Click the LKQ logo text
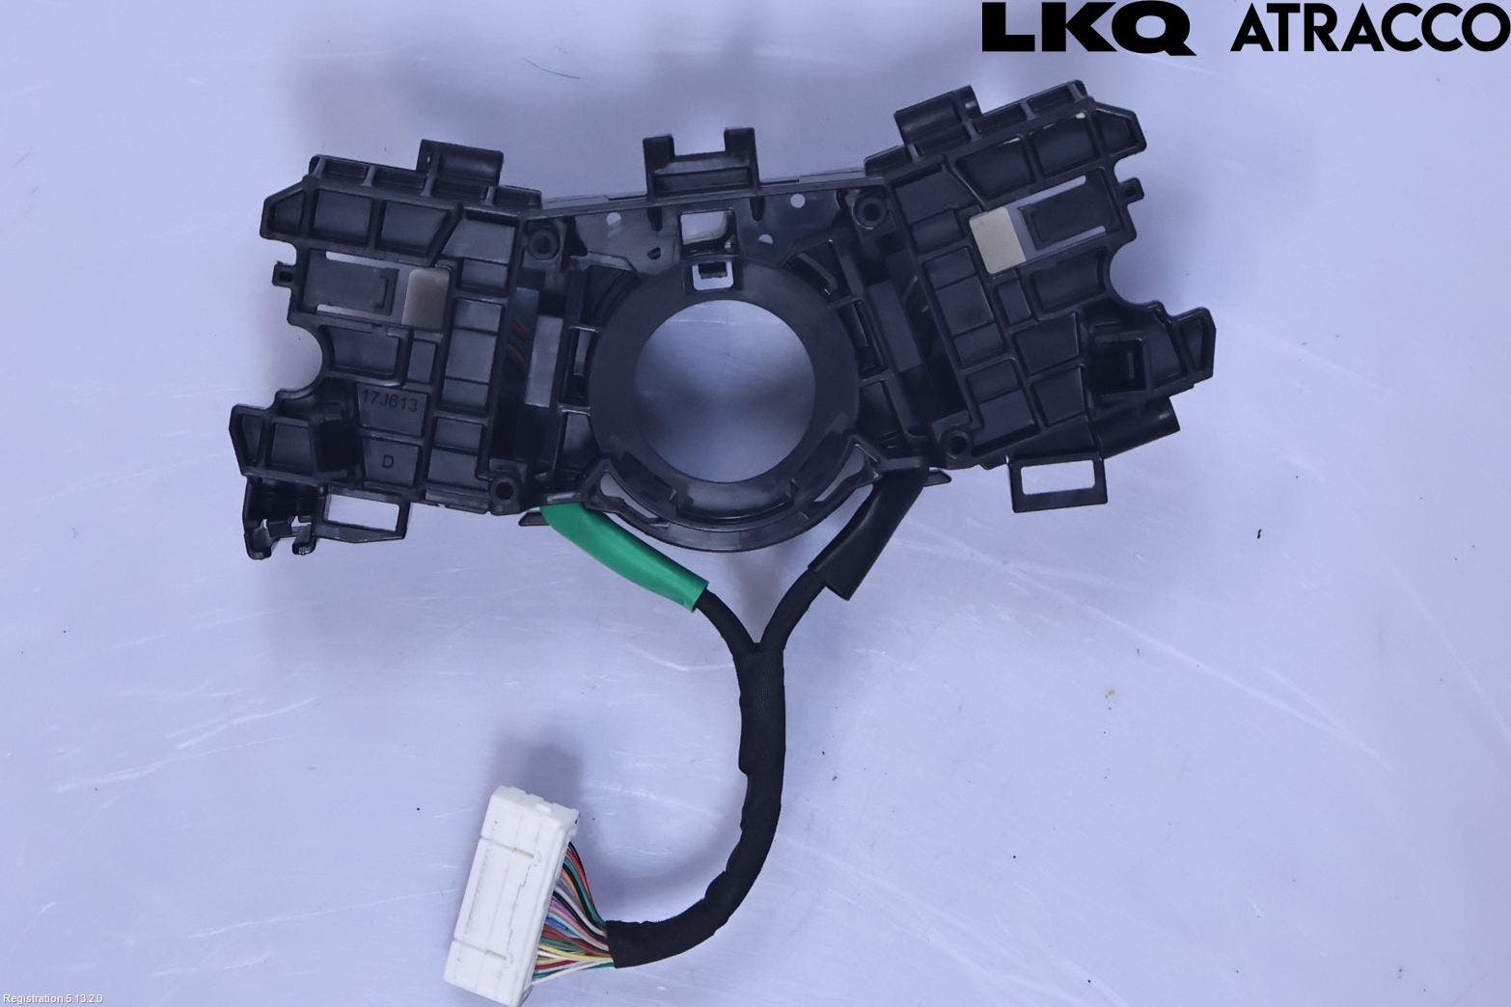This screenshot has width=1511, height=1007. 1088,27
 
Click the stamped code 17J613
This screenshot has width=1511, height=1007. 391,403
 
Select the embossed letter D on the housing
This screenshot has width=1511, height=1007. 388,462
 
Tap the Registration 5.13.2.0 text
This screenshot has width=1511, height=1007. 53,999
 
